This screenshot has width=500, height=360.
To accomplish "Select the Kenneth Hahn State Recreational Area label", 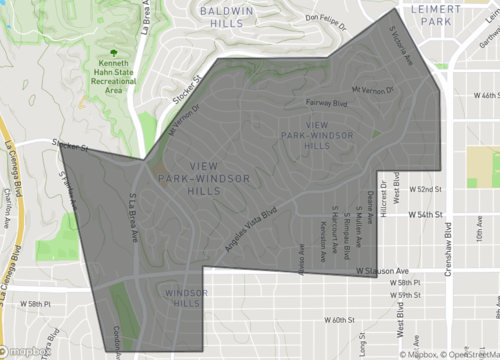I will coord(111,77).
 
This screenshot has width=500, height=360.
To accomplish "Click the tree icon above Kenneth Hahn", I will coord(111,52).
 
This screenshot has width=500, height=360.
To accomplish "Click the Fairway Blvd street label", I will coord(324,101).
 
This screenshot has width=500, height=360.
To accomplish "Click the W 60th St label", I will coord(341,320).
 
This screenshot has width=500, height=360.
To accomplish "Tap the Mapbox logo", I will coord(26,351).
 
